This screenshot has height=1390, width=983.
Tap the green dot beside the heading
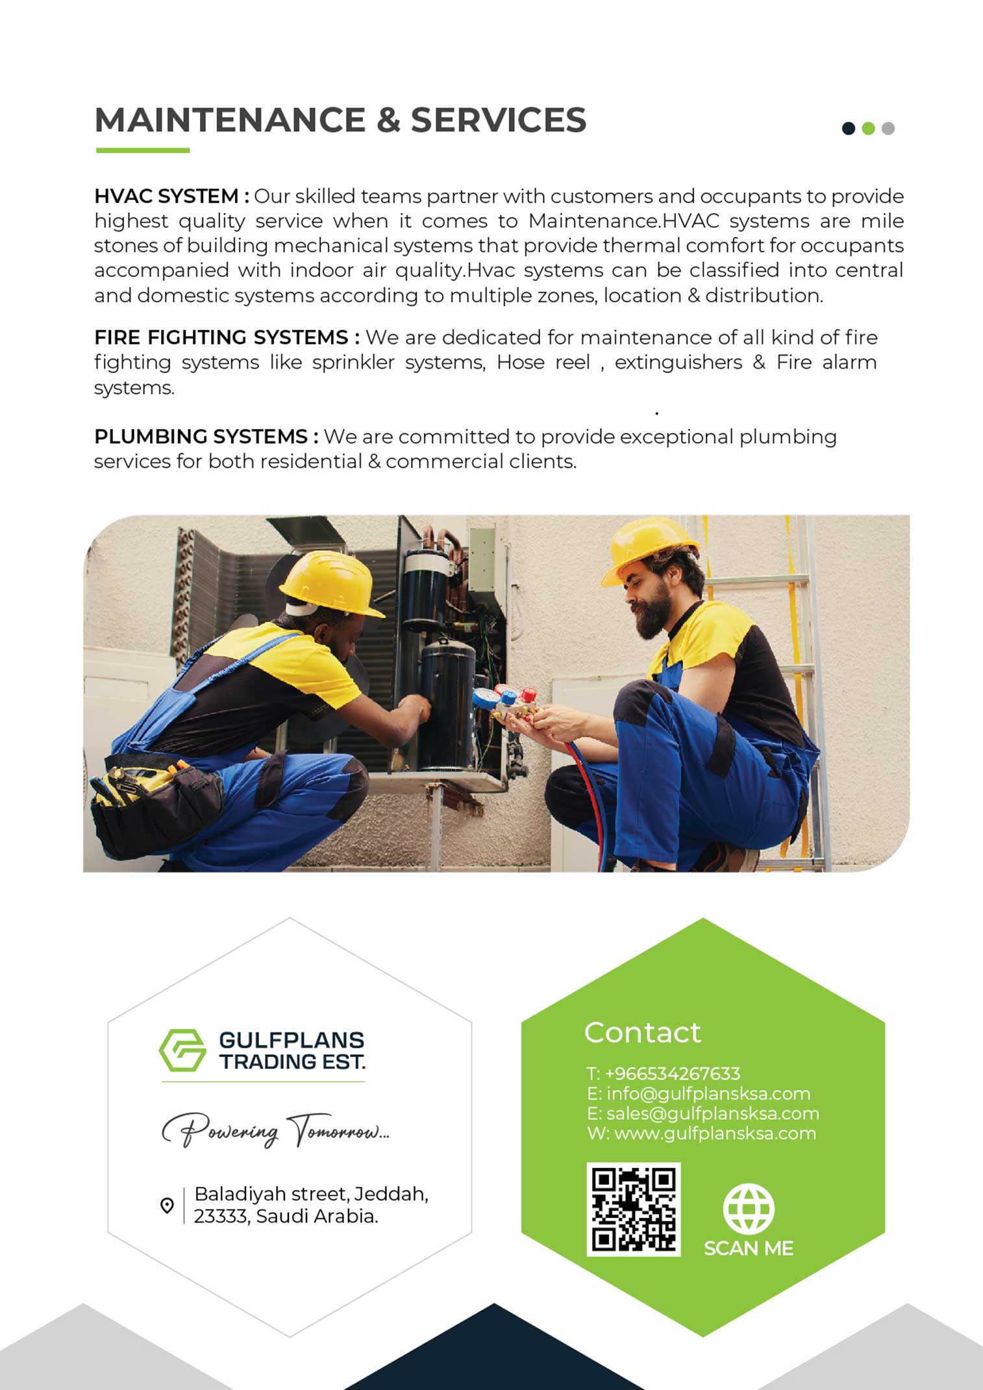[x=868, y=128]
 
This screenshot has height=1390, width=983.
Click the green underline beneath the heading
[x=143, y=151]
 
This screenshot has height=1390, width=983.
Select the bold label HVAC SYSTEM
[x=167, y=196]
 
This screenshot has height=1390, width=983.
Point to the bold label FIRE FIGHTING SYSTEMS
[x=221, y=337]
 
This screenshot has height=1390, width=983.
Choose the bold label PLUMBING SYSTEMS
[x=201, y=437]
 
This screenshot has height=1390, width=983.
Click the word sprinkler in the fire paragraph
[x=353, y=362]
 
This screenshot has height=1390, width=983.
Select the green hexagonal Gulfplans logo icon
[x=182, y=1049]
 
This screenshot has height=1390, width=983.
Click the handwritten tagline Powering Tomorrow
[x=275, y=1131]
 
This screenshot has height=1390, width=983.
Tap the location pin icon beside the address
[x=167, y=1205]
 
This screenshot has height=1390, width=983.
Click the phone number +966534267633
[x=672, y=1074]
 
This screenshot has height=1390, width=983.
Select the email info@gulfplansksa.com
[x=708, y=1094]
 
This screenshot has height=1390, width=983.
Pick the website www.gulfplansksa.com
[x=714, y=1134]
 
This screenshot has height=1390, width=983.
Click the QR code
[x=633, y=1209]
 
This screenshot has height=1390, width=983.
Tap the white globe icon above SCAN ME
[x=749, y=1208]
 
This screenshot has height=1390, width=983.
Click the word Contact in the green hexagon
[x=642, y=1032]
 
